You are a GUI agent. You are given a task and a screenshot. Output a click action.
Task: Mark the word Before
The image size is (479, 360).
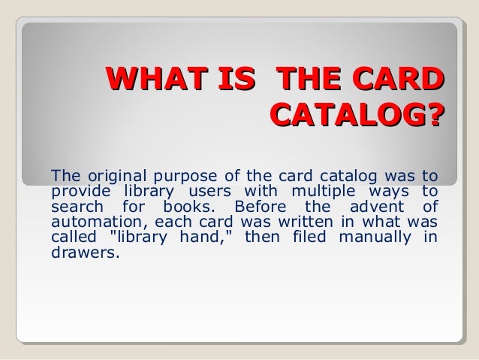click(258, 206)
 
